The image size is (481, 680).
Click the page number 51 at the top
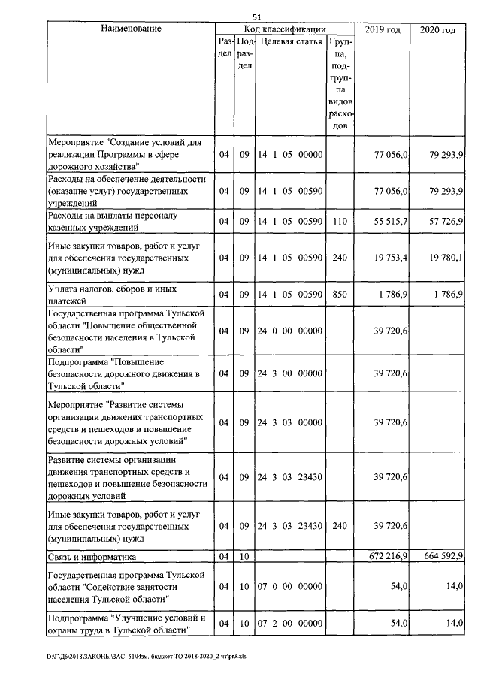tap(257, 17)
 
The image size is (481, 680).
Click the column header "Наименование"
tap(131, 29)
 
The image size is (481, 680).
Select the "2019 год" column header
tap(382, 29)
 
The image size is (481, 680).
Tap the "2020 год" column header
tap(437, 29)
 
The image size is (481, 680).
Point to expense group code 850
tap(339, 295)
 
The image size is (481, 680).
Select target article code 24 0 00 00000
tap(290, 331)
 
